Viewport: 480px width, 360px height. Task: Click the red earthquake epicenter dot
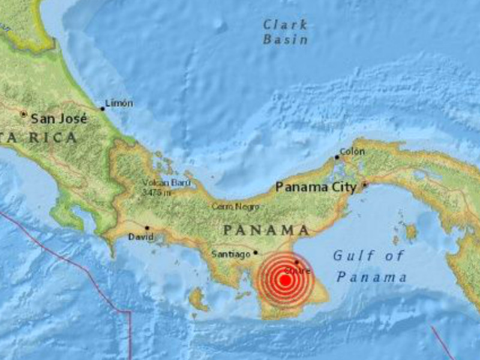(286, 280)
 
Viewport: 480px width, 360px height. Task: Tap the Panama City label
(316, 187)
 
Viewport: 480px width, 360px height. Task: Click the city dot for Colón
(337, 158)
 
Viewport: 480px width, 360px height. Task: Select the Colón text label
(352, 151)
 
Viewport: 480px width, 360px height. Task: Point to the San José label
(59, 118)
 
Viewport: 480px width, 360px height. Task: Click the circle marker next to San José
(24, 113)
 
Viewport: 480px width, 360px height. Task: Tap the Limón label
(119, 103)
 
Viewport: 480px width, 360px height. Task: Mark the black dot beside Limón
(103, 109)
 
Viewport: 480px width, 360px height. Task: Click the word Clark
(286, 25)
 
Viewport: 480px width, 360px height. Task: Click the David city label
(141, 237)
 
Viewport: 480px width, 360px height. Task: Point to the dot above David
(147, 228)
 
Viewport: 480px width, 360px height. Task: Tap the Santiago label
(231, 254)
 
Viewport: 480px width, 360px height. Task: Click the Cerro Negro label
(235, 206)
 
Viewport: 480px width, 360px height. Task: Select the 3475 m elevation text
(157, 192)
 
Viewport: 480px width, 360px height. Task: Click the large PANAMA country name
(266, 230)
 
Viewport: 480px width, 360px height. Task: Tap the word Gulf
(347, 256)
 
